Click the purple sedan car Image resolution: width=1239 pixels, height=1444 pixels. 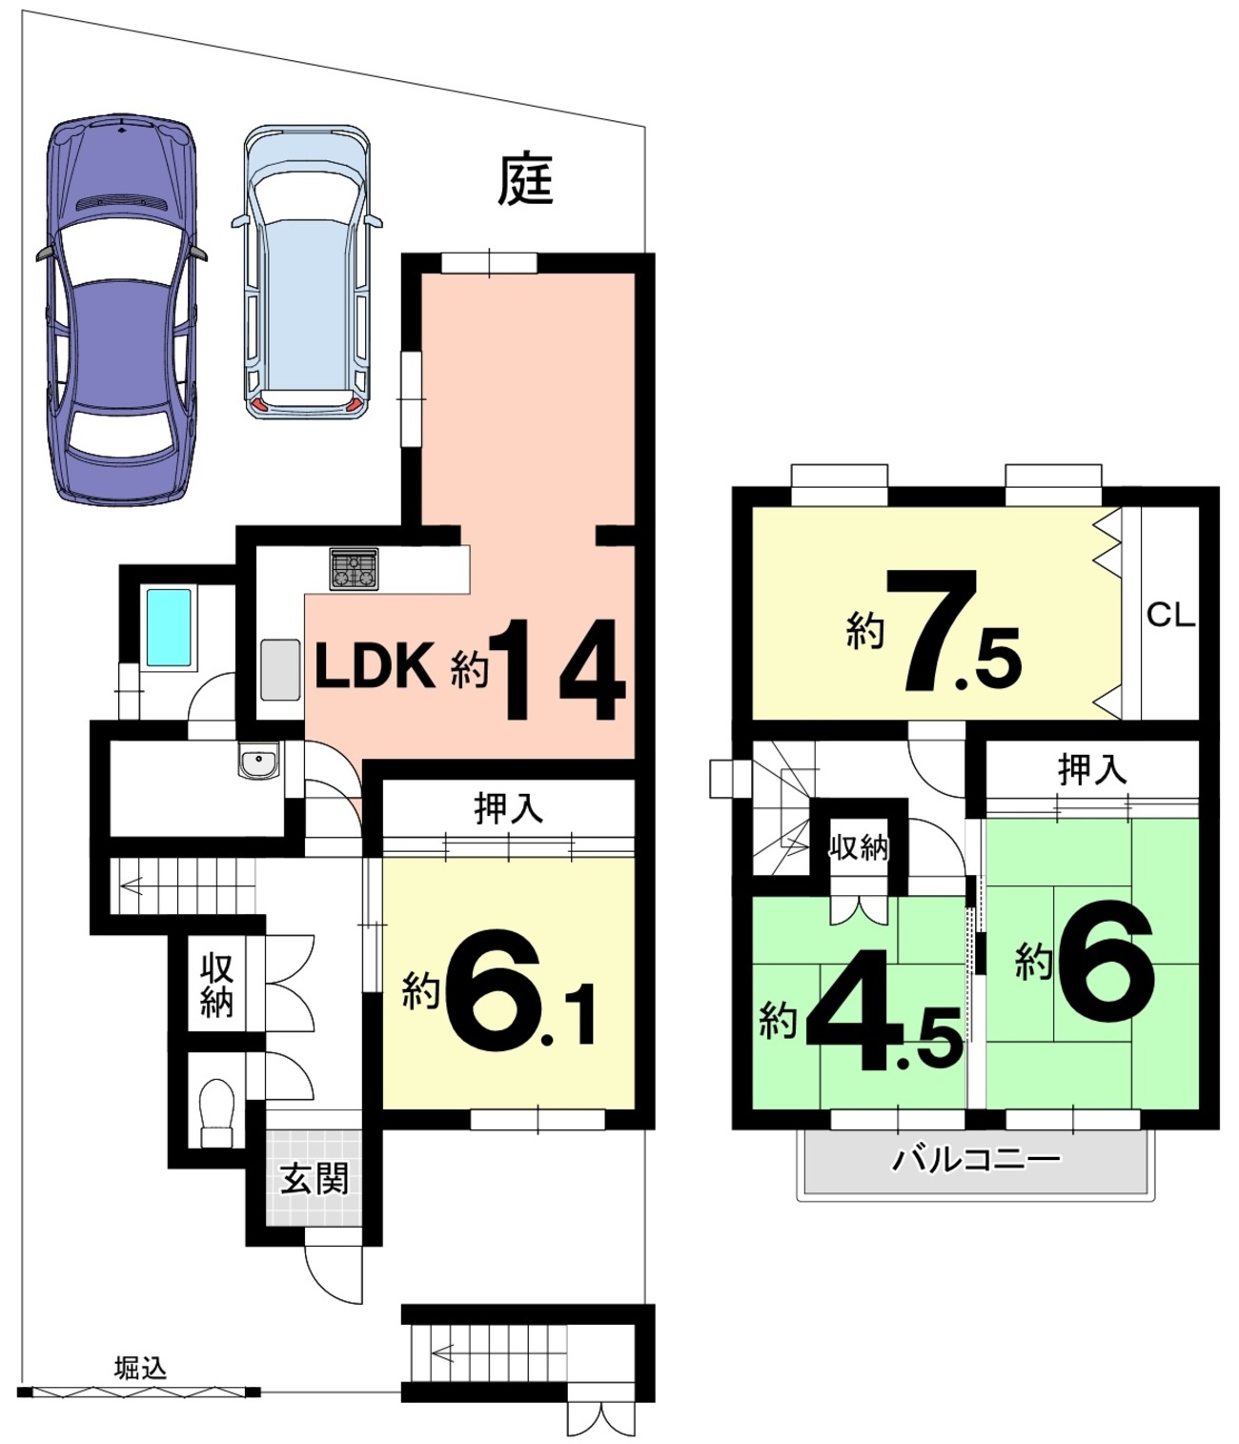122,310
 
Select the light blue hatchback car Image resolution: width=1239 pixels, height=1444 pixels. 307,273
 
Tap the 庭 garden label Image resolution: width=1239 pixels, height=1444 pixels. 526,180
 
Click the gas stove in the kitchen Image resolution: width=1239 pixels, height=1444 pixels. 355,569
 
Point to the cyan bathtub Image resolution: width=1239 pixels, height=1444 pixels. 169,627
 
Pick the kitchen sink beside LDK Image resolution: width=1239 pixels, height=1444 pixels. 281,670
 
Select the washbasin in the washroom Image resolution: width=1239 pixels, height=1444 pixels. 258,760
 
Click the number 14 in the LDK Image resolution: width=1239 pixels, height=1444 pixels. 556,669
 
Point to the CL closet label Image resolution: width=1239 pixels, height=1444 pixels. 1170,616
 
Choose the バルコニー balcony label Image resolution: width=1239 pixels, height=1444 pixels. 977,1160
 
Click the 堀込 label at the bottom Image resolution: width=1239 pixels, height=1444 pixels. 140,1369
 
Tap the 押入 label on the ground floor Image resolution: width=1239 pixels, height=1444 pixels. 508,809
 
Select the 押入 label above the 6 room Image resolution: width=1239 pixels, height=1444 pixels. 1092,770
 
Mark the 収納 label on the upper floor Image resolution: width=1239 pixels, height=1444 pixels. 859,846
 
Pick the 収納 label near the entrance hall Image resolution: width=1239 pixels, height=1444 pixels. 216,985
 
